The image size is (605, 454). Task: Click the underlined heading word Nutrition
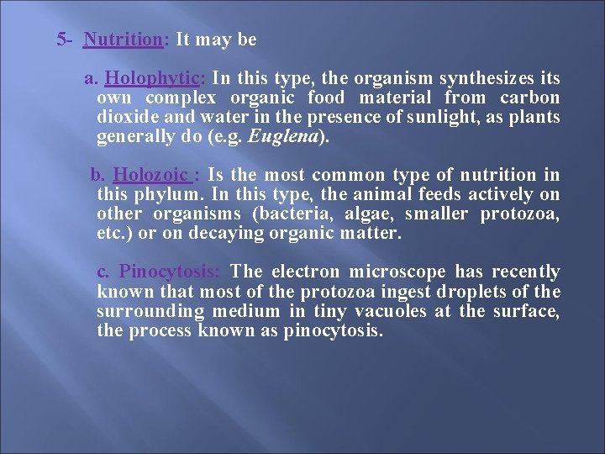coord(123,40)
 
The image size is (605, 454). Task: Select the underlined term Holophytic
coord(152,79)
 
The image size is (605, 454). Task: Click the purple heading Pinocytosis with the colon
coord(170,272)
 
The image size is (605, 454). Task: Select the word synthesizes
coord(469,79)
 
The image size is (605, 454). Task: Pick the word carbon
coord(532,98)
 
